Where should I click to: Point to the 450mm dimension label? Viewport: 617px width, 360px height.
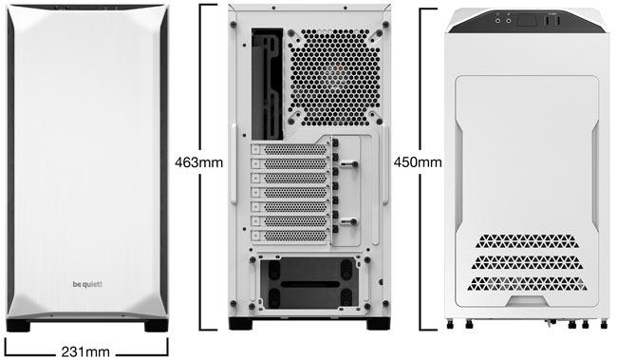[418, 161]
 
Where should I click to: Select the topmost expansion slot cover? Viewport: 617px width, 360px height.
[290, 150]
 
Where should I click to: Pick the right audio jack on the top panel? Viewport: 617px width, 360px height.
[515, 16]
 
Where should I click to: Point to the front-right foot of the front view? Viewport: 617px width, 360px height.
[153, 326]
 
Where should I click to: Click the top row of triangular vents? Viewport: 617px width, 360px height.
[532, 239]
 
